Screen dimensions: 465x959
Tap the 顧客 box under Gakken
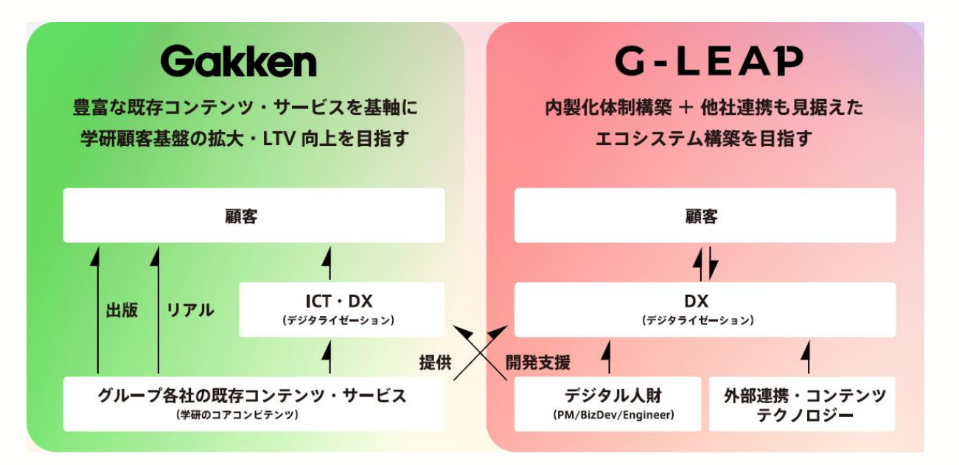click(x=254, y=215)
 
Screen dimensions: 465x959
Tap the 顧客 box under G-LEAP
click(x=705, y=215)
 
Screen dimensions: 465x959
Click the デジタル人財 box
click(x=607, y=404)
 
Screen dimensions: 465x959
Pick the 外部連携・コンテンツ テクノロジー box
click(x=802, y=404)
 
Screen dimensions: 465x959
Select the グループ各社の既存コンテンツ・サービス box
click(x=254, y=404)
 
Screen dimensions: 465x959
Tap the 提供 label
click(x=433, y=362)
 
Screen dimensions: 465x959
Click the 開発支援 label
click(x=539, y=362)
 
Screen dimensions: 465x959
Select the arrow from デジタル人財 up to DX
click(x=607, y=357)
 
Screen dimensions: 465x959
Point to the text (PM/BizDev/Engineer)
click(x=607, y=416)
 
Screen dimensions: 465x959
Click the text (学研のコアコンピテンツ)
click(x=254, y=416)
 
